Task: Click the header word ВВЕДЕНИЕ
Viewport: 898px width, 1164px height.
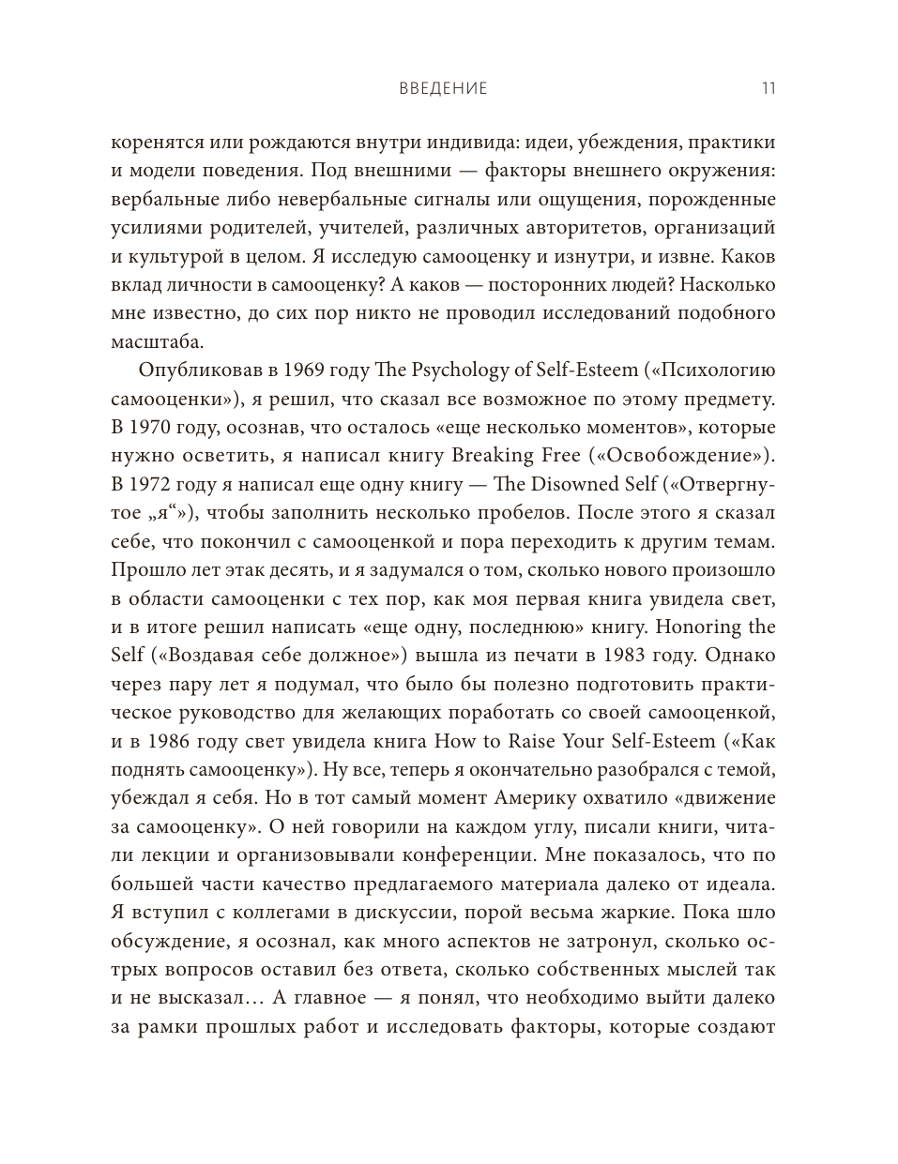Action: [x=444, y=89]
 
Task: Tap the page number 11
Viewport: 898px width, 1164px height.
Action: [x=768, y=89]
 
